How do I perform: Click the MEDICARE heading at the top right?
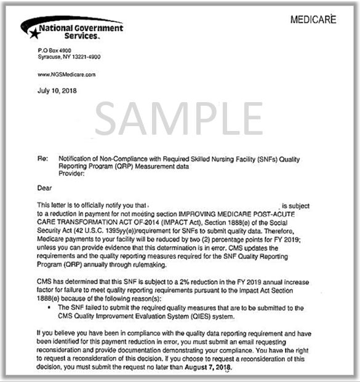(313, 20)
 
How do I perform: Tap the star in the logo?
(34, 34)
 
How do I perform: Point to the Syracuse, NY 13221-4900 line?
(70, 57)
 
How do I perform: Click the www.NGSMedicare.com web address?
(67, 74)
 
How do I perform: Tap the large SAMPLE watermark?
(178, 119)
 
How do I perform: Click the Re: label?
(42, 159)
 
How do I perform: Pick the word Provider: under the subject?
(70, 173)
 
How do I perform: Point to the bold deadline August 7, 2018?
(209, 367)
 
